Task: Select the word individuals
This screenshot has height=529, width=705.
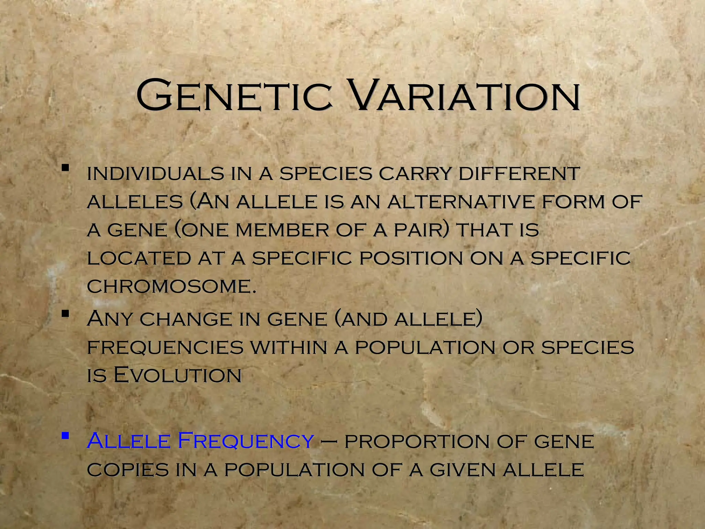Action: [155, 173]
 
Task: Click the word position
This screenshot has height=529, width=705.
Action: [411, 258]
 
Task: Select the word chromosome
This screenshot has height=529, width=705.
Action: [171, 286]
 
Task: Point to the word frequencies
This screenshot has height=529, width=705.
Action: [165, 347]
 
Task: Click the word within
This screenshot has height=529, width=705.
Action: [288, 347]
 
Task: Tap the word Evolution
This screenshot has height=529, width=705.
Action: [177, 375]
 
